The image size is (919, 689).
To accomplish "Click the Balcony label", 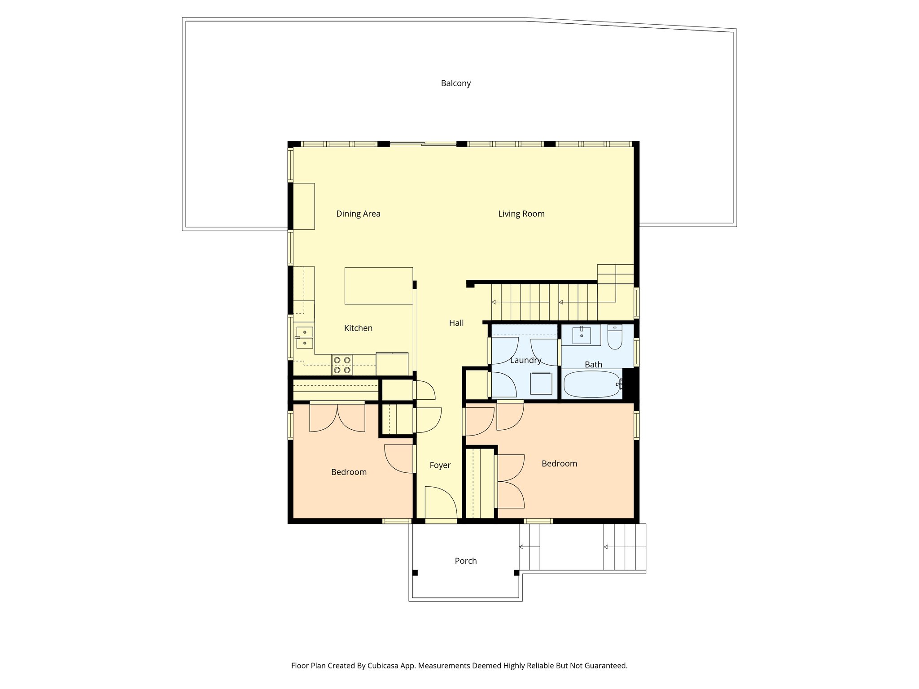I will pos(455,83).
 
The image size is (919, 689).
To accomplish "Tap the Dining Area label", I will pos(358,214).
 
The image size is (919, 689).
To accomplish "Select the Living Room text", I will pos(521,214).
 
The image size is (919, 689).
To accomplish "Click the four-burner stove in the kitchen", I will pos(342,364).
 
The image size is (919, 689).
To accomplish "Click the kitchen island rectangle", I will pos(378,286).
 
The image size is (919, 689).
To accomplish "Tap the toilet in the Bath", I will pos(614,338).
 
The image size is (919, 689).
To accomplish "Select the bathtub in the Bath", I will pos(591,384).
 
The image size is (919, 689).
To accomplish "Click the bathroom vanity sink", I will pos(582,335).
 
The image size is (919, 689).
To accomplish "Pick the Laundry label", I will pos(525,360).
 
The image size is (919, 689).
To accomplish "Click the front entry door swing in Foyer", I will pos(440,502).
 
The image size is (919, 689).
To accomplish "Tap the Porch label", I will pos(465,561).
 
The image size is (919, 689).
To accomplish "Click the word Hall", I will pos(456,323).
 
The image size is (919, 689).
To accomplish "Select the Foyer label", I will pos(440,466).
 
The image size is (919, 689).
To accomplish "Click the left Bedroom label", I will pos(349,472).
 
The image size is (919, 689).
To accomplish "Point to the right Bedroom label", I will pos(559,464).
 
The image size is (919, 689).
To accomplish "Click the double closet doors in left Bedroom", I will pos(337,417).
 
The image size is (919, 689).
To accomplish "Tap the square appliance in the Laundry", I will pos(541,383).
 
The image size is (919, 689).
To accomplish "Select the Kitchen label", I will pos(358,328).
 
